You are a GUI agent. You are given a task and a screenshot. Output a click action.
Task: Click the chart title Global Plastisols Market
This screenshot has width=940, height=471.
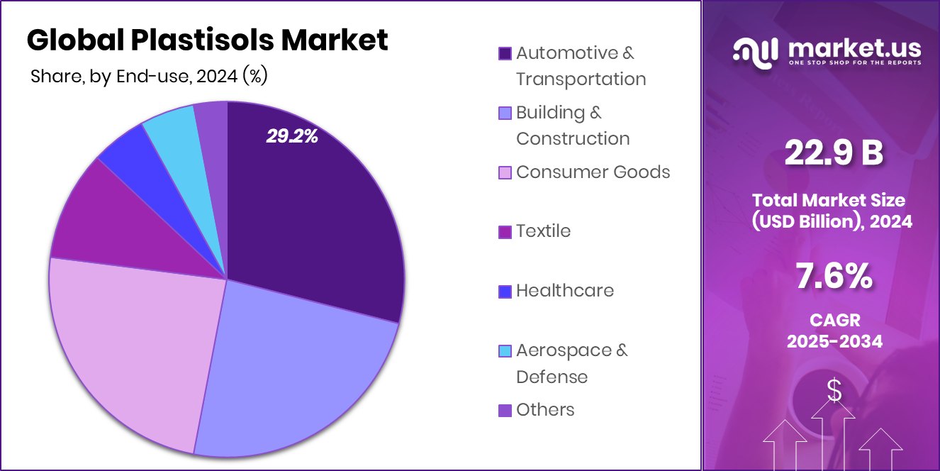pyautogui.click(x=207, y=40)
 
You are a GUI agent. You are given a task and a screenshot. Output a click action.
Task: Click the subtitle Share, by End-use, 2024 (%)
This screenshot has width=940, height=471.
pyautogui.click(x=149, y=76)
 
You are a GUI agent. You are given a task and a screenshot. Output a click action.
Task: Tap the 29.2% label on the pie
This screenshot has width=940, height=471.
pyautogui.click(x=292, y=136)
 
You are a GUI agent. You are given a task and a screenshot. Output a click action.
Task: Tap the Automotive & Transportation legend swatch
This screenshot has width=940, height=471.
pyautogui.click(x=505, y=53)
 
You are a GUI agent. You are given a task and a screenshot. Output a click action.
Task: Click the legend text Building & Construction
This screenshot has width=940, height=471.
pyautogui.click(x=573, y=126)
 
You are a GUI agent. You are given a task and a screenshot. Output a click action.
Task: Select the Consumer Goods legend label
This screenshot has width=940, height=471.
pyautogui.click(x=593, y=172)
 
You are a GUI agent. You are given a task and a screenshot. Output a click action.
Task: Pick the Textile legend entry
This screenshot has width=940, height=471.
pyautogui.click(x=543, y=231)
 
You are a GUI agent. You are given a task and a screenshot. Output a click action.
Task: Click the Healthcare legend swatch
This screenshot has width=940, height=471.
pyautogui.click(x=505, y=291)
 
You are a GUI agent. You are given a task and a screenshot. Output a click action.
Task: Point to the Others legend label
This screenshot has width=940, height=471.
pyautogui.click(x=545, y=409)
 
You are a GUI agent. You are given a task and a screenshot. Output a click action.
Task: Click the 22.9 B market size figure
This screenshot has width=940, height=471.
pyautogui.click(x=834, y=153)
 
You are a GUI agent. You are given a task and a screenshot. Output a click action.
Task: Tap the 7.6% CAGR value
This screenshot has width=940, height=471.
pyautogui.click(x=834, y=276)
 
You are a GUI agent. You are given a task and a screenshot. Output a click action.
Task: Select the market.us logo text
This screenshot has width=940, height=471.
pyautogui.click(x=854, y=49)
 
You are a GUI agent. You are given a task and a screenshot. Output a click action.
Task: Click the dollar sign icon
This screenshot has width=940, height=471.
pyautogui.click(x=834, y=390)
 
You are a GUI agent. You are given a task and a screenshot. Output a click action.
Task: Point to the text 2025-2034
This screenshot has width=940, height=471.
pyautogui.click(x=834, y=341)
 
